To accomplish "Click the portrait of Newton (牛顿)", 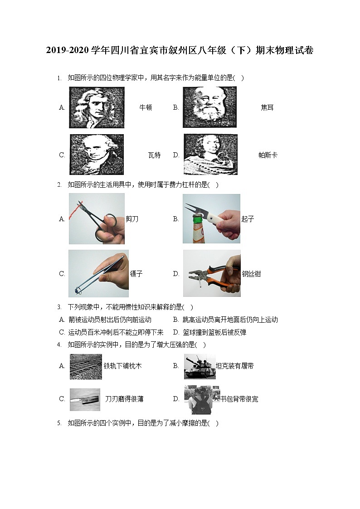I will [x=97, y=107].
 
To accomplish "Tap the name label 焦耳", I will [x=267, y=107].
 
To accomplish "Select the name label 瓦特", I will [x=154, y=155].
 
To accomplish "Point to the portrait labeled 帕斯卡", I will [x=210, y=155].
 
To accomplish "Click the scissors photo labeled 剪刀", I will [x=97, y=219].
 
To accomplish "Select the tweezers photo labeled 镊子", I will [x=98, y=273].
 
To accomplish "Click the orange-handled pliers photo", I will [x=212, y=273].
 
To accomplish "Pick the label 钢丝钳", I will [x=251, y=274].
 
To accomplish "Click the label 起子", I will [x=248, y=219].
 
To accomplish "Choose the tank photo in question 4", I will [x=199, y=366].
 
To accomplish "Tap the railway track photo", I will [x=86, y=366].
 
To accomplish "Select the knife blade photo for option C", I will [x=85, y=399].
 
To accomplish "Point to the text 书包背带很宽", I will [x=239, y=399].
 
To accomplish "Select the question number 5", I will [x=59, y=423].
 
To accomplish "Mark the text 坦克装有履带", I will [x=234, y=366].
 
